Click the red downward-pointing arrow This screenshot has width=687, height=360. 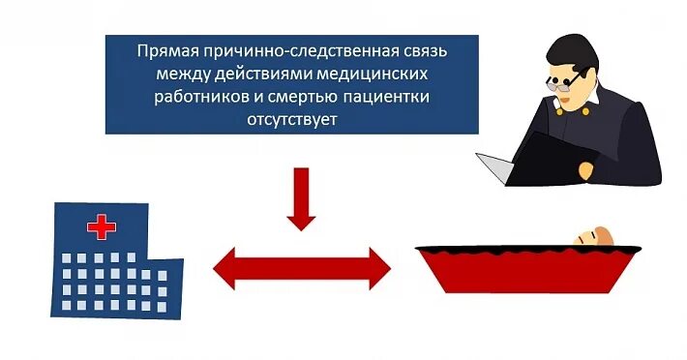pos(302,198)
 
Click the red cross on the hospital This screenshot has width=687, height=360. pos(101,227)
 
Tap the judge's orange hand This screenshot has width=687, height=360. pos(585,168)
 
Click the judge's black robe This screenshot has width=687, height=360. pos(619,135)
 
